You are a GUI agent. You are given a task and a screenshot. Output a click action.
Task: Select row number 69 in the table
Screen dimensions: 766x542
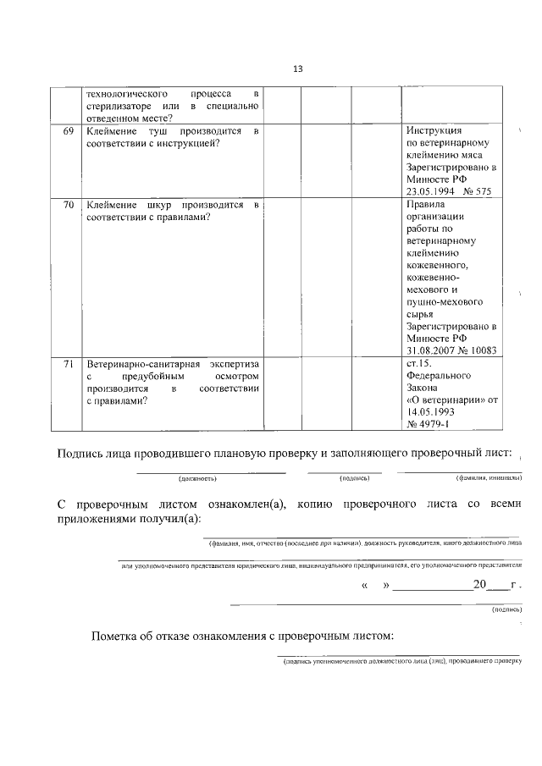coord(69,132)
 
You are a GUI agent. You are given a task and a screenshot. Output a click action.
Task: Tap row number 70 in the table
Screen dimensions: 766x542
coord(69,206)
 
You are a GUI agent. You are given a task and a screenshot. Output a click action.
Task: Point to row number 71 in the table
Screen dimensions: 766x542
coord(69,363)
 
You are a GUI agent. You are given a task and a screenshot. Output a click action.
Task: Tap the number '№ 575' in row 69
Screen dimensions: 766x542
coord(478,192)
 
